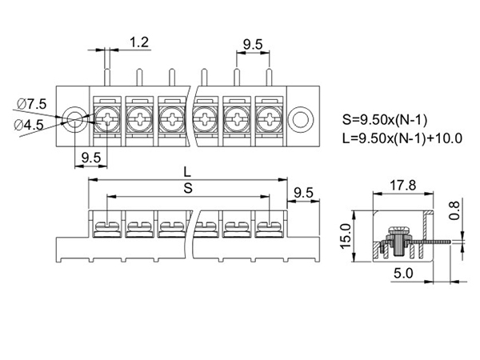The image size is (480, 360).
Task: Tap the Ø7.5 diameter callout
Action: (33, 104)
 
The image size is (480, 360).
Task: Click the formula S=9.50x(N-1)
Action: (385, 121)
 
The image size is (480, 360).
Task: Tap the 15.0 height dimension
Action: (346, 236)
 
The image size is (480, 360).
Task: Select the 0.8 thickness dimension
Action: (454, 210)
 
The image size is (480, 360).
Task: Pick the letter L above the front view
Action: (186, 171)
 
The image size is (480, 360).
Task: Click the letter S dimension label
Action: (187, 187)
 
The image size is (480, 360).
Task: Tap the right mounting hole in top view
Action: (301, 119)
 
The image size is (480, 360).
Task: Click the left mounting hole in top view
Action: (74, 120)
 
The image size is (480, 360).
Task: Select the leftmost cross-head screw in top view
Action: (107, 120)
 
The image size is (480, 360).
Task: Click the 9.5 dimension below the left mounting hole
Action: (90, 158)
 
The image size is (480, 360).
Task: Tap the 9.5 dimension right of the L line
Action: (303, 193)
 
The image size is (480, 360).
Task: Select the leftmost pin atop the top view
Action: (107, 81)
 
